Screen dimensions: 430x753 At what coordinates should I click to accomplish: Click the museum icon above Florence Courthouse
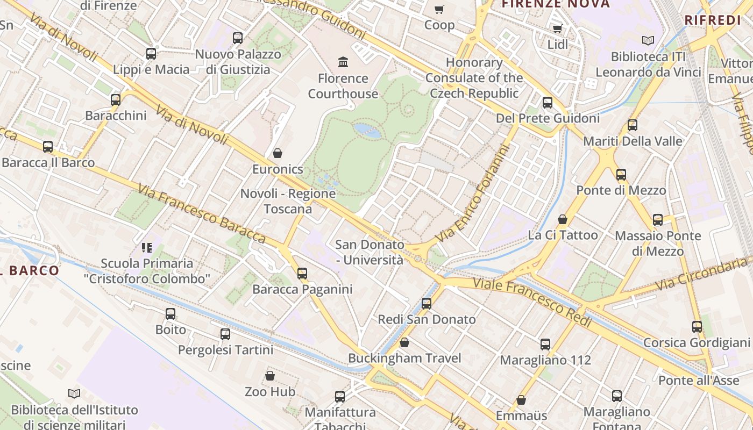(343, 62)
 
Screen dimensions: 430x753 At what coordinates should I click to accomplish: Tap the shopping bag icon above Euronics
(278, 153)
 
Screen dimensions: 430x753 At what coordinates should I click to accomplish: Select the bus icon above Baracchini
(116, 99)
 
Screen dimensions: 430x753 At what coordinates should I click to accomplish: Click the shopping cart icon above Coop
(439, 9)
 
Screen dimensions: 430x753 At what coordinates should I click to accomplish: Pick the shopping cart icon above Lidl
(558, 28)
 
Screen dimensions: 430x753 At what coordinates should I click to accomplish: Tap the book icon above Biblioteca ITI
(648, 40)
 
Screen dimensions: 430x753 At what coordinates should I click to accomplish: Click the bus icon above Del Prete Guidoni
(548, 102)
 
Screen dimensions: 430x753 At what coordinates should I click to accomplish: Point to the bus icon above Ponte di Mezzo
(621, 174)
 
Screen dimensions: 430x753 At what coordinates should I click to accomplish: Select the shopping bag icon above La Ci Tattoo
(563, 219)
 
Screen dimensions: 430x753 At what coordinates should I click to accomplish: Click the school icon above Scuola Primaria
(147, 248)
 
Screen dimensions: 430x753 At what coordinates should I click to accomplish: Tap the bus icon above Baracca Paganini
(302, 273)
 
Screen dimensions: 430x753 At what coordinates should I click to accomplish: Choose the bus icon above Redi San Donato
(427, 303)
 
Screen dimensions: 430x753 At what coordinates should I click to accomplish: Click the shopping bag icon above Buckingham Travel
(404, 342)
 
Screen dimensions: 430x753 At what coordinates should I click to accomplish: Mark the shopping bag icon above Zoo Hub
(270, 376)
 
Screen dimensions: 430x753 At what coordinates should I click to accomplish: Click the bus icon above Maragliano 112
(545, 344)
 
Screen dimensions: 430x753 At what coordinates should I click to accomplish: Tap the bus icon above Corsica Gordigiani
(697, 326)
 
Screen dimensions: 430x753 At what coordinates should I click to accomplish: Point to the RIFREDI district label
(713, 20)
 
